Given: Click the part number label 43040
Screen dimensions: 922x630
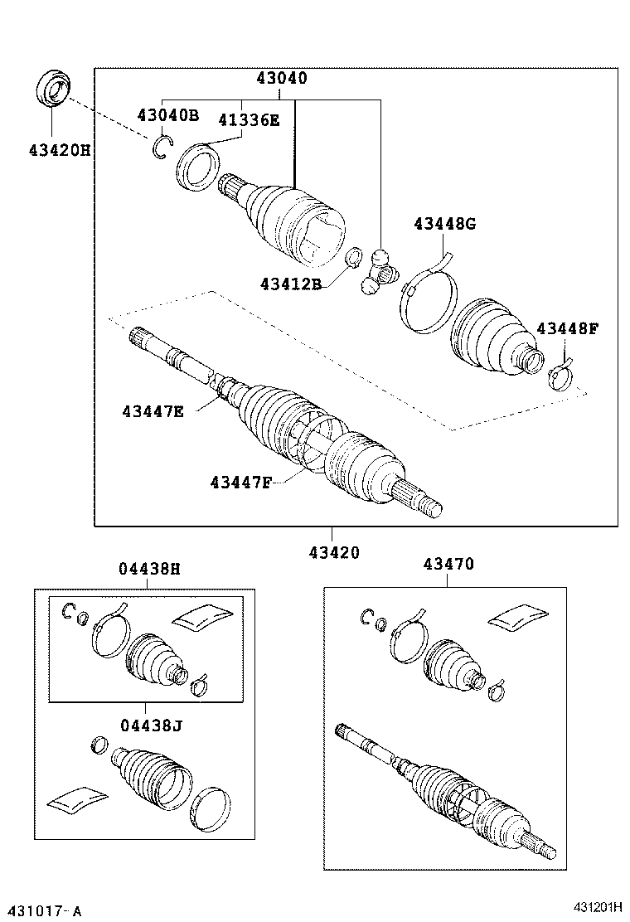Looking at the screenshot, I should pyautogui.click(x=281, y=79).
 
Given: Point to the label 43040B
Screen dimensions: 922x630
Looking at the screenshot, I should pyautogui.click(x=167, y=115).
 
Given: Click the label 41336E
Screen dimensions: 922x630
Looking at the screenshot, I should pyautogui.click(x=249, y=120).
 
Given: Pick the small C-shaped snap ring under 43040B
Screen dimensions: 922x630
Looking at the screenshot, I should pyautogui.click(x=161, y=147).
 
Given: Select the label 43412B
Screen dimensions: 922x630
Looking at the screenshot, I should pyautogui.click(x=289, y=283).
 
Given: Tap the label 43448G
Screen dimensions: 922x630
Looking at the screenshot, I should pyautogui.click(x=445, y=223).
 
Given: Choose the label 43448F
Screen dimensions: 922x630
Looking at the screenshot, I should pyautogui.click(x=567, y=328).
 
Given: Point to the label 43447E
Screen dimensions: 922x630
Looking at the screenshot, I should pyautogui.click(x=153, y=410).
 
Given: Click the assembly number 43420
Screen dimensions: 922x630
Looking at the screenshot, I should pyautogui.click(x=334, y=552).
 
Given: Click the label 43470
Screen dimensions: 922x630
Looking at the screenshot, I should pyautogui.click(x=448, y=564).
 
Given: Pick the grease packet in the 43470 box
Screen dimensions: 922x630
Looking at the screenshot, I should pyautogui.click(x=518, y=617).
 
